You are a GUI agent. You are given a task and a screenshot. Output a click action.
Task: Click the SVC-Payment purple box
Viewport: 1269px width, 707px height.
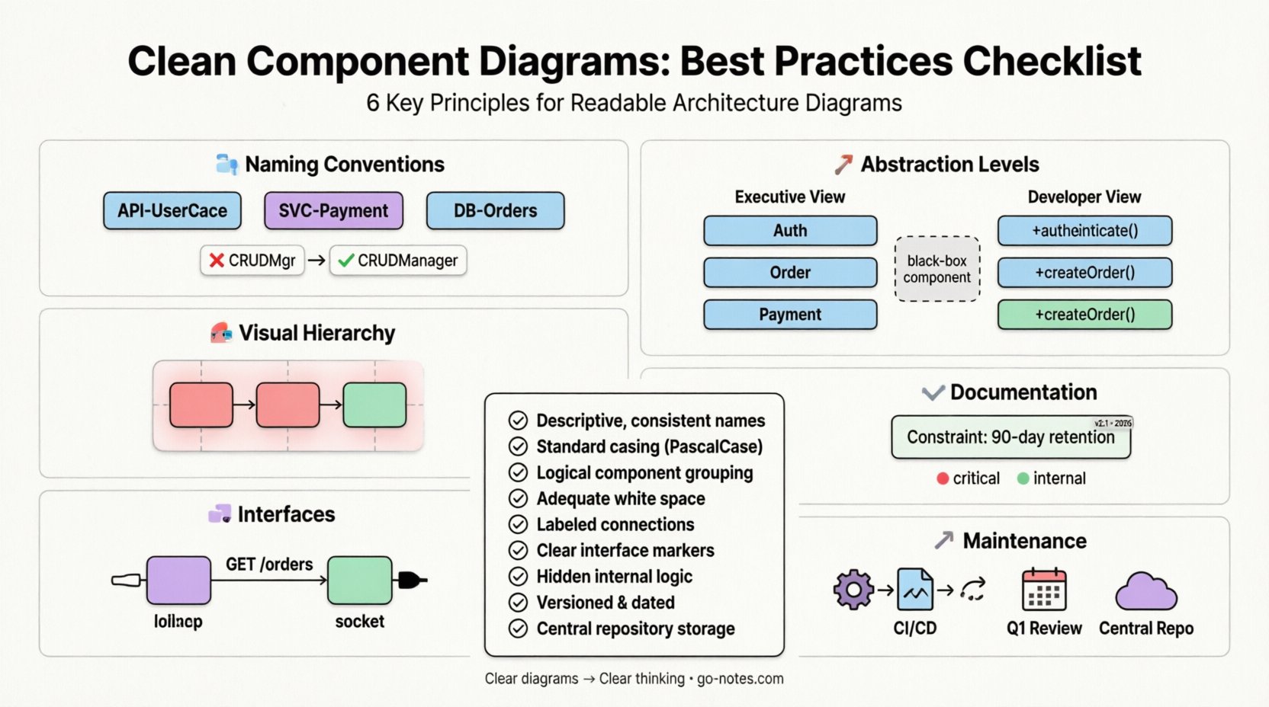[333, 211]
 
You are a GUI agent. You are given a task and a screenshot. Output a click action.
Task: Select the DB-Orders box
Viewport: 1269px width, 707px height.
[495, 211]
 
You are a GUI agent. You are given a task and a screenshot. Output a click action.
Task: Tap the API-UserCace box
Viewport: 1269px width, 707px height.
[172, 211]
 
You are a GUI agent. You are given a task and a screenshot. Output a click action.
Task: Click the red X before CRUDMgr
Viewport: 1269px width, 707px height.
[217, 261]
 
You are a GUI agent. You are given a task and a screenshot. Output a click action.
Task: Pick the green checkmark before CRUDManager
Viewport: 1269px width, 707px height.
[346, 261]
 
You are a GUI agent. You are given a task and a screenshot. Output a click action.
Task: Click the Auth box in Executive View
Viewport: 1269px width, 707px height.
[790, 231]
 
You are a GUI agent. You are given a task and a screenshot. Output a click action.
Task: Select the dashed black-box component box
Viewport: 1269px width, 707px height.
[936, 269]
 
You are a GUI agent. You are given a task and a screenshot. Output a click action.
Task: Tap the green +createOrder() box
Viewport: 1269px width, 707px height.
[1084, 315]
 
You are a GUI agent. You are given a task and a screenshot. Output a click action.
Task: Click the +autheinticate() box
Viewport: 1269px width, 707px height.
[1084, 231]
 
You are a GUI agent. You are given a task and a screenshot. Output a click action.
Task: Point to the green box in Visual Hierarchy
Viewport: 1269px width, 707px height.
[374, 405]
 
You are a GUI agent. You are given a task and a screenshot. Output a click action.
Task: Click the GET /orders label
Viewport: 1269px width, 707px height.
[269, 565]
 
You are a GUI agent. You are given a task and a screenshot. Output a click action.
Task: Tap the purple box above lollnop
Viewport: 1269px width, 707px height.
[178, 581]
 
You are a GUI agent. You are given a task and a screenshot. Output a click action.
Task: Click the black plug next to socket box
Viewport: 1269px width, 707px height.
[410, 581]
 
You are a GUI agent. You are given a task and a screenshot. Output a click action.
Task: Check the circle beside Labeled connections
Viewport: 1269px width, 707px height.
[518, 525]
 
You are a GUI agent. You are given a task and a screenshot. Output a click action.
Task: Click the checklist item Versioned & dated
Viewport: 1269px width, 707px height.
[605, 603]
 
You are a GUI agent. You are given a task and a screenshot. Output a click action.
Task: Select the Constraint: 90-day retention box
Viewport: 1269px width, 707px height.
[1010, 437]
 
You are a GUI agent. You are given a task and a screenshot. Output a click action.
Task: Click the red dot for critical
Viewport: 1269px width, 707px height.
[943, 478]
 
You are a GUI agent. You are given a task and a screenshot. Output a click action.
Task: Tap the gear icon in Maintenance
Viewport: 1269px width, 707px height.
[853, 589]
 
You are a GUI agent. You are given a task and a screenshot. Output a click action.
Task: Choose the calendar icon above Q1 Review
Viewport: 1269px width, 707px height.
[1043, 589]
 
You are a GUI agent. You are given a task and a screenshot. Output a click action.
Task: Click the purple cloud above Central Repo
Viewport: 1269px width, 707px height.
[1145, 592]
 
